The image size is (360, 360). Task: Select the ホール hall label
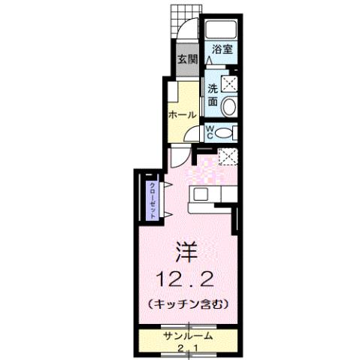pos(183,115)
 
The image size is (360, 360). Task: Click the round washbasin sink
pos(231,106)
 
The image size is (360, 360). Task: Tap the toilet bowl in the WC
pos(228,133)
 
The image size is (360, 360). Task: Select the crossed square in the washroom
pos(230,83)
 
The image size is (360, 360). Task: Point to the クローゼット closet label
pos(153,199)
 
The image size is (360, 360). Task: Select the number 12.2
pos(187,280)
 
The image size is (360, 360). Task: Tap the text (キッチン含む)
pos(187,304)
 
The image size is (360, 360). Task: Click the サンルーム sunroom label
pos(186,335)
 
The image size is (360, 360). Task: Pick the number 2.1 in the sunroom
pos(187,348)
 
